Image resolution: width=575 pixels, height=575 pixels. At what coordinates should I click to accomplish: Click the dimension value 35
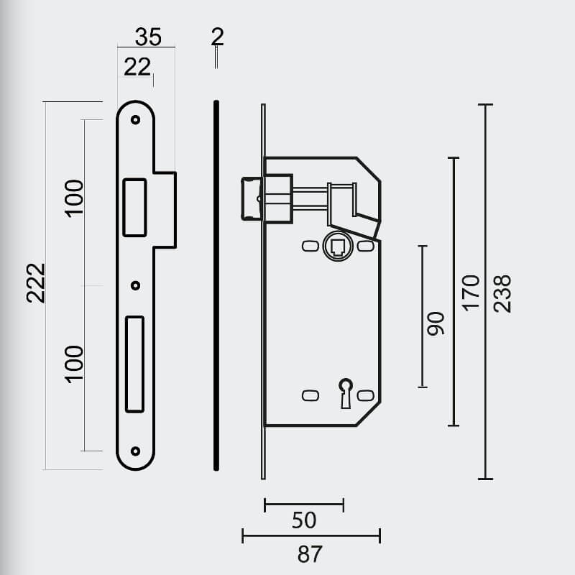(x=148, y=37)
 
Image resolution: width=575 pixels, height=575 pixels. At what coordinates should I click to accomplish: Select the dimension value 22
(x=137, y=67)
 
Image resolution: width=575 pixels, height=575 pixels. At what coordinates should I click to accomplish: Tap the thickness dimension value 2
(x=218, y=37)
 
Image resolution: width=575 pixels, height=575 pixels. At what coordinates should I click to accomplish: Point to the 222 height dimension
(x=36, y=283)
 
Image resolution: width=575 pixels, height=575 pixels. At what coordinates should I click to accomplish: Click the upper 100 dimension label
(x=74, y=198)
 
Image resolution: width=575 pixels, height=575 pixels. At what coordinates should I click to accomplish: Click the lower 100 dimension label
(x=74, y=364)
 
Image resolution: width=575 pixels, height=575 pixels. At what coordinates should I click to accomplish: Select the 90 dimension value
(x=436, y=324)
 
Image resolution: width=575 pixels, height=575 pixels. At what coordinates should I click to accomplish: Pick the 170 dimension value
(x=471, y=293)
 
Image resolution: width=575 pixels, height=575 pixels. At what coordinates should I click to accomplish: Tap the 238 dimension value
(x=502, y=293)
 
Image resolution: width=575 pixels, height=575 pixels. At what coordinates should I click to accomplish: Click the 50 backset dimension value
(x=304, y=520)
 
